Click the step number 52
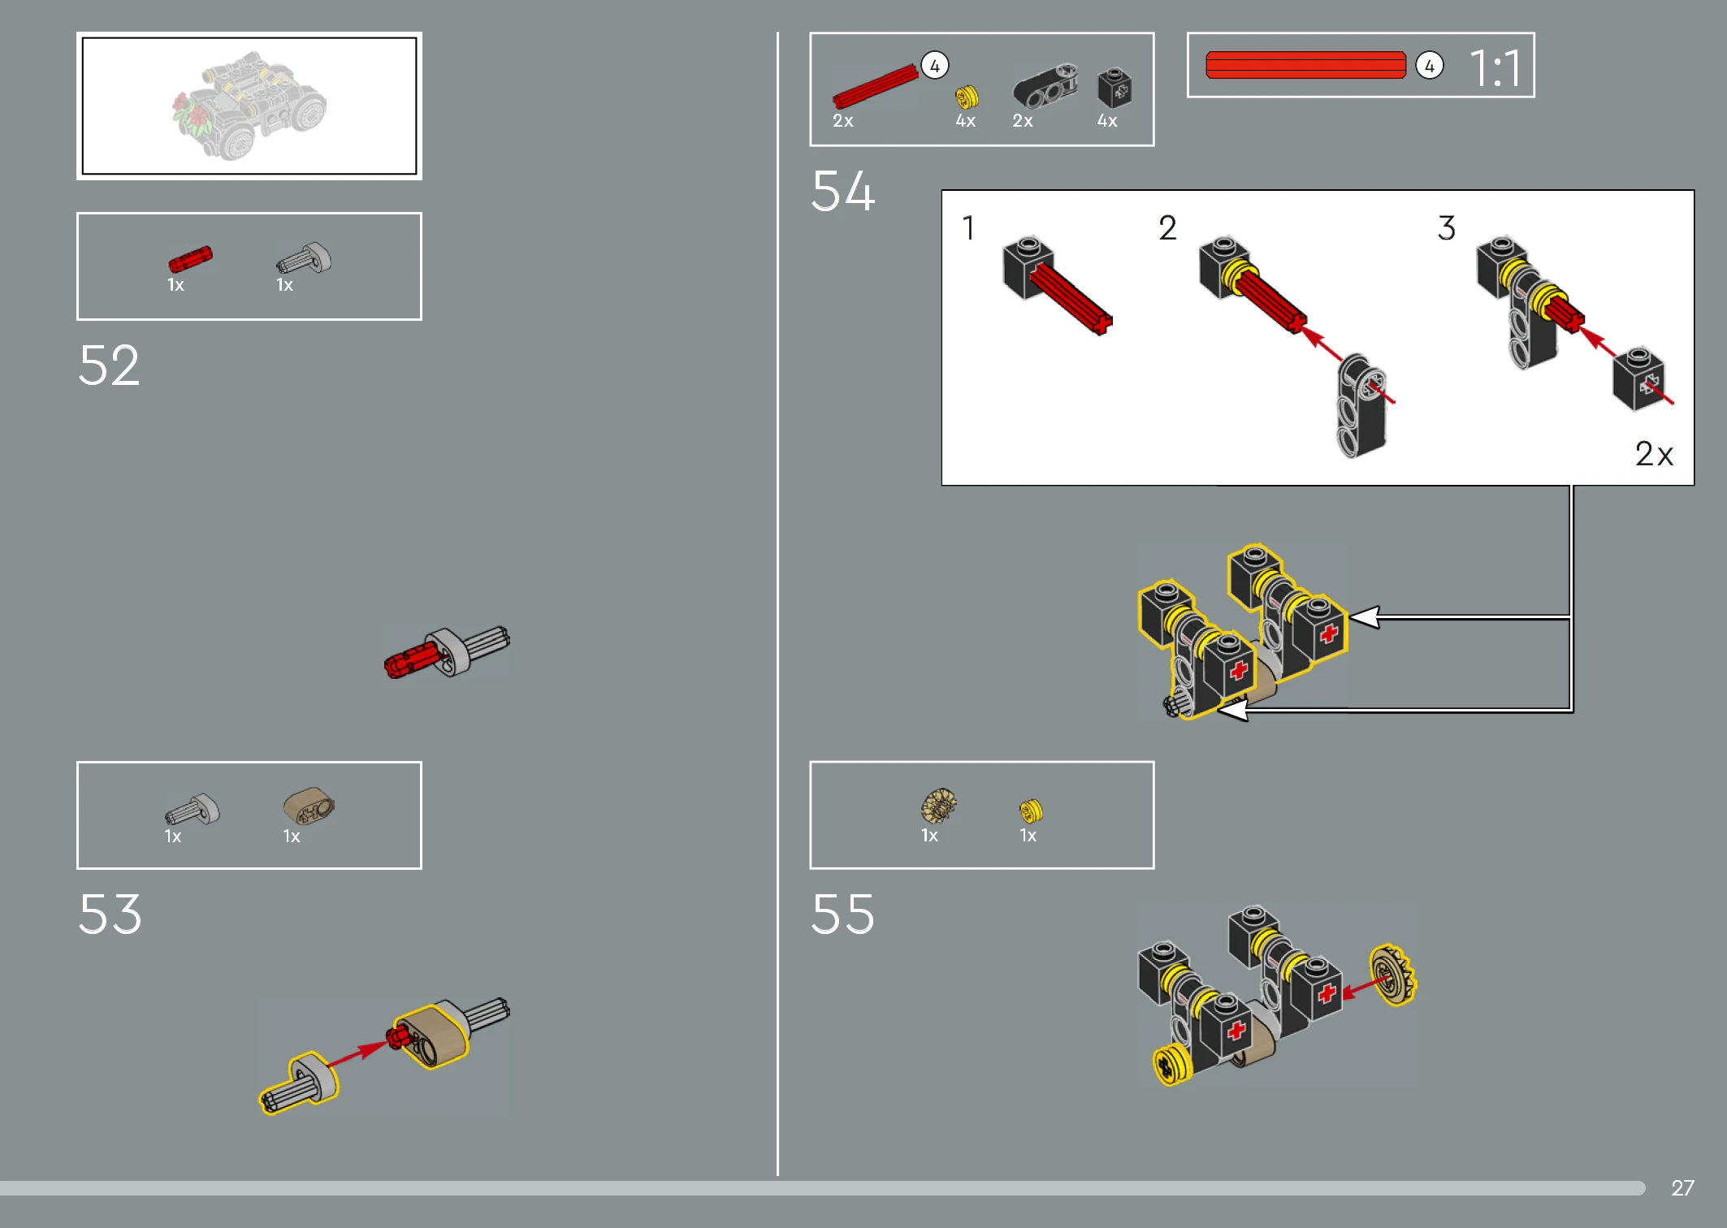coord(109,365)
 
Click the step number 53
coord(110,914)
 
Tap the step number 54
coord(843,191)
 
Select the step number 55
coord(843,914)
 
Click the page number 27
coord(1682,1187)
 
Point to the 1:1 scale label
coord(1495,67)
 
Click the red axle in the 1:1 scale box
coord(1305,65)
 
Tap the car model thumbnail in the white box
coord(249,106)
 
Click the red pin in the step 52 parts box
coord(190,259)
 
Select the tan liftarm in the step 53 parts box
coord(309,806)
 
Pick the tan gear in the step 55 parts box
coord(938,806)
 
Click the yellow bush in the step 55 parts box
coord(1031,811)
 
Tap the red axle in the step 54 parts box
coord(875,87)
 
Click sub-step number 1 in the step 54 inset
coord(968,228)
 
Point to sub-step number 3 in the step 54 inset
coord(1447,228)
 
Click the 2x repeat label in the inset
coord(1654,454)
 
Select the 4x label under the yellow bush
coord(966,121)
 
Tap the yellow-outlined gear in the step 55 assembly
coord(1393,975)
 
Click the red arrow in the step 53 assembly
coord(357,1053)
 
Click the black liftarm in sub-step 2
coord(1362,404)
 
